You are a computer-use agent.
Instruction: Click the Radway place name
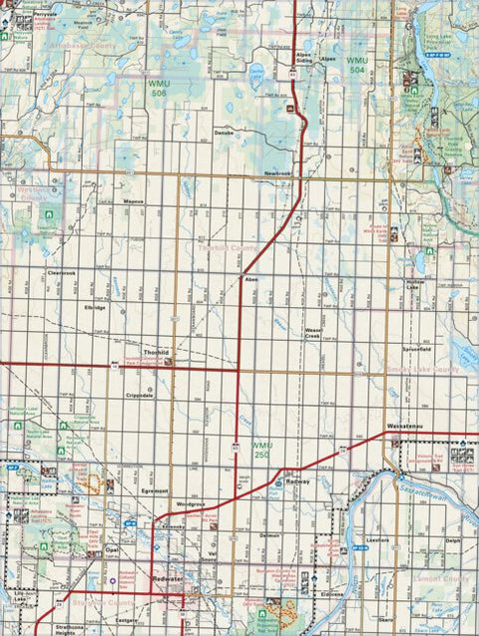(x=297, y=481)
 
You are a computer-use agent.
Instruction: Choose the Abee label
(x=251, y=280)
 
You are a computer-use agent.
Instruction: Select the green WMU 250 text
(x=261, y=448)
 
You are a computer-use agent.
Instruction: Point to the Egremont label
(x=155, y=491)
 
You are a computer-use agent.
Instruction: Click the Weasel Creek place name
(x=318, y=333)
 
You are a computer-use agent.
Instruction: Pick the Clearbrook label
(x=61, y=272)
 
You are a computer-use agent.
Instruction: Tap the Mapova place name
(x=133, y=199)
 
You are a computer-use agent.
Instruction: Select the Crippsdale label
(x=140, y=396)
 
